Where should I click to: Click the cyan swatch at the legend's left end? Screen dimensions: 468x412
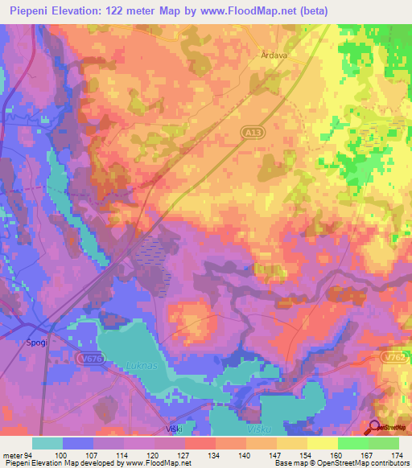coord(47,443)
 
